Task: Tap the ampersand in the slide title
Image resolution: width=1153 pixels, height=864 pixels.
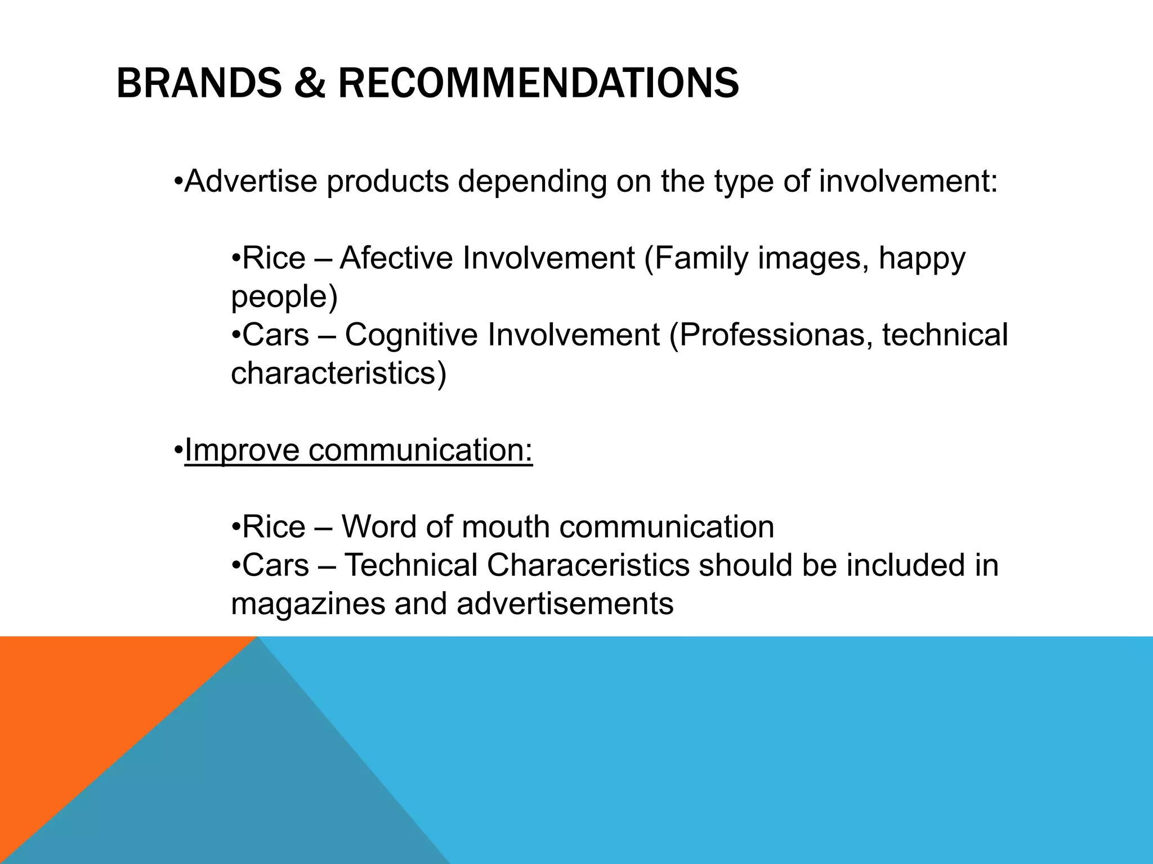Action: point(309,83)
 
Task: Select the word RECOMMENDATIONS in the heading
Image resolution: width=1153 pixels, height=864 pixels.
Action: point(538,83)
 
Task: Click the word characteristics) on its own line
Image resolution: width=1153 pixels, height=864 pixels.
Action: point(338,372)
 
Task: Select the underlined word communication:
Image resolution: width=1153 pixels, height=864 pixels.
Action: point(420,450)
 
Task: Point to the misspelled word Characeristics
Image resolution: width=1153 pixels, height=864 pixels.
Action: point(588,565)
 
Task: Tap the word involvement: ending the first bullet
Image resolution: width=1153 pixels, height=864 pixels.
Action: point(908,181)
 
